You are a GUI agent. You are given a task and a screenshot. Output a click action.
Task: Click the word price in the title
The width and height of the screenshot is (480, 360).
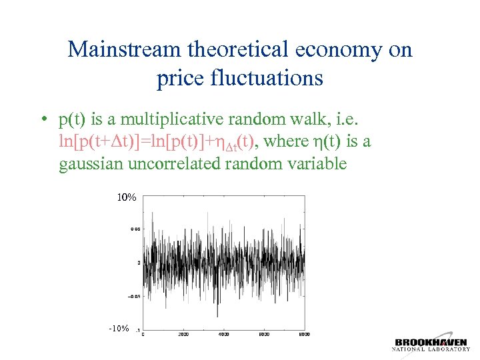[x=177, y=79]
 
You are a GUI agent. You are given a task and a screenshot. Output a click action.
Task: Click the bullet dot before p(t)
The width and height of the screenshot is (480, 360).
[x=42, y=121]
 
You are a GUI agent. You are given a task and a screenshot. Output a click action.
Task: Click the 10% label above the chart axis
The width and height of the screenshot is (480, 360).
[x=127, y=198]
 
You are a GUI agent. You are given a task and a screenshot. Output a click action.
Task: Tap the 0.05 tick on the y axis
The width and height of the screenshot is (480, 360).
[x=134, y=229]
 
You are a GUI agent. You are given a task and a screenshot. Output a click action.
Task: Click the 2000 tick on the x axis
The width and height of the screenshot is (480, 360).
[x=183, y=335]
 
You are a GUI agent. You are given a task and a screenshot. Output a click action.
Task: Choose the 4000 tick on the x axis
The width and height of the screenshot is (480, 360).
[x=224, y=335]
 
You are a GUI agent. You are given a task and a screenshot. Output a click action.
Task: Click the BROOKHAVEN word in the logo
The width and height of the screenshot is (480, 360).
[x=431, y=342]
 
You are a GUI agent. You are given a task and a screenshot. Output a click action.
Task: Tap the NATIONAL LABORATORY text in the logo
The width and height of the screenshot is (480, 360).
[x=431, y=350]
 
